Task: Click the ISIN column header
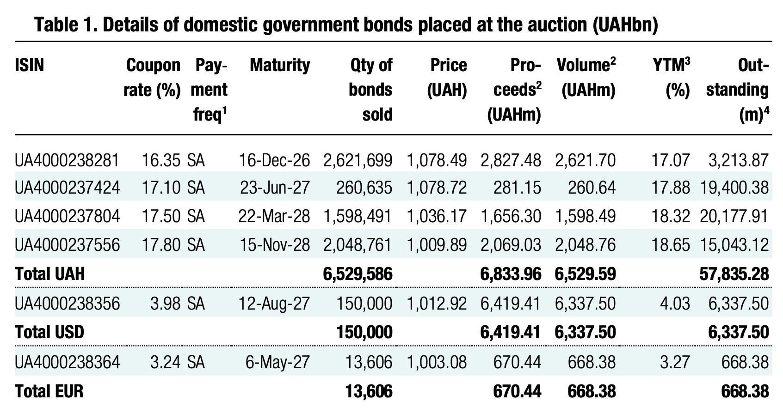tap(29, 66)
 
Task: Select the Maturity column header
tap(279, 66)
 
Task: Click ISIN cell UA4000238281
tap(67, 160)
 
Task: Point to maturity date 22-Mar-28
tap(274, 216)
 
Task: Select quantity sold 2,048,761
tap(358, 244)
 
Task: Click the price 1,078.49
tap(437, 160)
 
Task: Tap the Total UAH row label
tap(50, 274)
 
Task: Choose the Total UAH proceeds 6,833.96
tap(511, 274)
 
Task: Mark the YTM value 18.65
tap(671, 244)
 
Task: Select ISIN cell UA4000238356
tap(67, 304)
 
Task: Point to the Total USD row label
tap(49, 332)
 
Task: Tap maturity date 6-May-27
tap(277, 362)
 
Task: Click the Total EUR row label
tap(49, 391)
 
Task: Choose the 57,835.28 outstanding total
tap(734, 274)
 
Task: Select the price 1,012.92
tap(437, 304)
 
